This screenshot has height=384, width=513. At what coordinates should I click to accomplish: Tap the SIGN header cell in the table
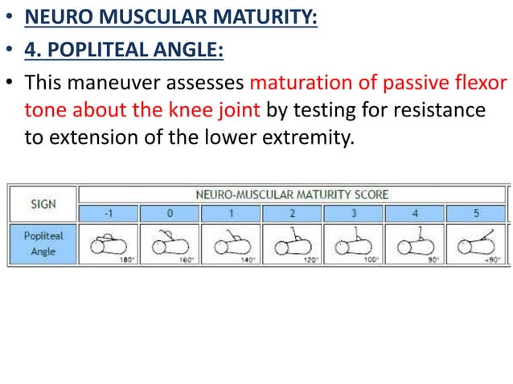43,203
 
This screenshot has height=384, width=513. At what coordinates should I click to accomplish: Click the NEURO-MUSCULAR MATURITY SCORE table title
292,194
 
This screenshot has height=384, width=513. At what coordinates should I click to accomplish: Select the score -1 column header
109,214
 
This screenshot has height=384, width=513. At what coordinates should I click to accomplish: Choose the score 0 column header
170,214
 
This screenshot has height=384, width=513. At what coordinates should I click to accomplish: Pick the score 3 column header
353,214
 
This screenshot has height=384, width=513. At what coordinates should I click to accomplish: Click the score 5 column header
475,214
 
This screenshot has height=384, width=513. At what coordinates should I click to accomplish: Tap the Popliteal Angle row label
43,245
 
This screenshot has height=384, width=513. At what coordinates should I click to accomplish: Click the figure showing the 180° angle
109,245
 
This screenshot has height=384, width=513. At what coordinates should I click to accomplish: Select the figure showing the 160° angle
170,245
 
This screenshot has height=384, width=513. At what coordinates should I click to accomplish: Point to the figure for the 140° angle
231,245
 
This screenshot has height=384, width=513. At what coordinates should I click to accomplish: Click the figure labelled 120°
292,245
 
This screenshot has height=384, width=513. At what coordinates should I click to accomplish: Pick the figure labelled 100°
353,245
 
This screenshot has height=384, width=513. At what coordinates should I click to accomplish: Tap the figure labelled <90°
475,245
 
